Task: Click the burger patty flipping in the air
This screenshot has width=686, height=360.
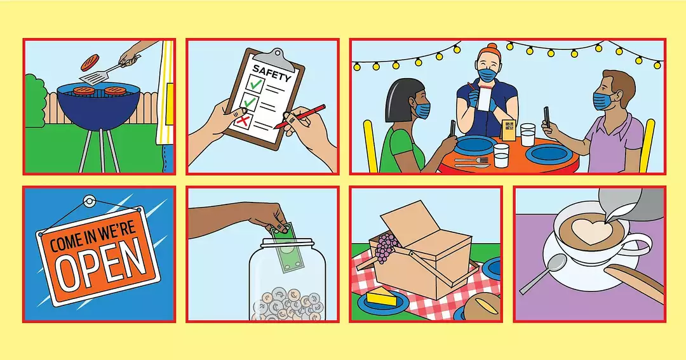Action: (x=90, y=63)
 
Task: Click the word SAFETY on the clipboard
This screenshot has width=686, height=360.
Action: (x=272, y=73)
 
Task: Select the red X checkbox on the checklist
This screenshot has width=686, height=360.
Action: (x=242, y=119)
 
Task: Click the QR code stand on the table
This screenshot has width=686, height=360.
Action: (x=509, y=130)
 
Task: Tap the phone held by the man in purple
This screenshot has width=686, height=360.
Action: (x=547, y=117)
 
